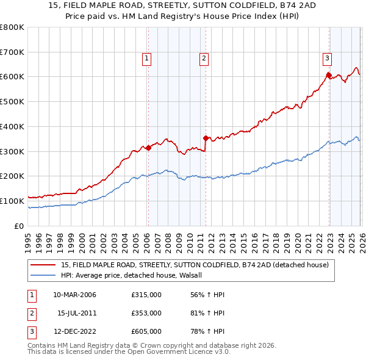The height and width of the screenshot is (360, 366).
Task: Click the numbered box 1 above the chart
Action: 148,59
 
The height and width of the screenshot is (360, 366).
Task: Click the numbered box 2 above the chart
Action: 203,59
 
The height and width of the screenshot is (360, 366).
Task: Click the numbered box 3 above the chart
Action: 327,59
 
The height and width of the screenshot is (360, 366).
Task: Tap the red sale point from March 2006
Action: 148,147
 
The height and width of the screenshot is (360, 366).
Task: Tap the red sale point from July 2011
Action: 206,138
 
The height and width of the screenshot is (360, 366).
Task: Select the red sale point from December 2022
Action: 328,75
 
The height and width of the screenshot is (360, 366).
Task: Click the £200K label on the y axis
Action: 12,176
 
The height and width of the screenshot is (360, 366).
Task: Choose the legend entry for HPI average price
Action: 135,275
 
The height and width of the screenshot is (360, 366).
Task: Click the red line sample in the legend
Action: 44,265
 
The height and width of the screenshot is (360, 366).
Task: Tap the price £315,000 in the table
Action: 146,295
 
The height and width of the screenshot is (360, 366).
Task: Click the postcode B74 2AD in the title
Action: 265,5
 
